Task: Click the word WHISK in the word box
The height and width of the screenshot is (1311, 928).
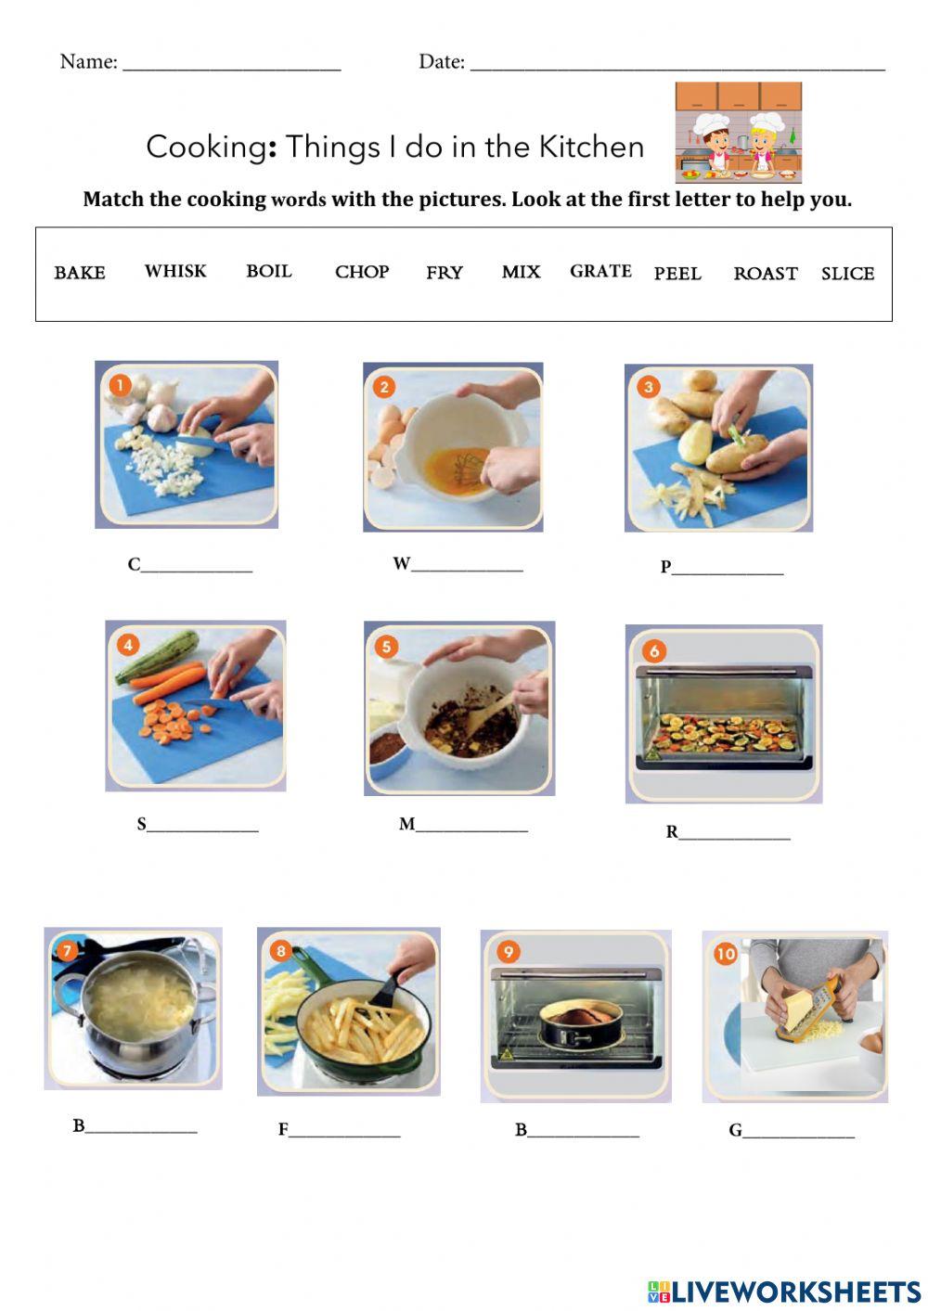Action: pos(175,271)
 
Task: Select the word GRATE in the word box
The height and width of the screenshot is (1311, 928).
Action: pos(600,271)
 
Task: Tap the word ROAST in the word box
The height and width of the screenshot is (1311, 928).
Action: pos(766,274)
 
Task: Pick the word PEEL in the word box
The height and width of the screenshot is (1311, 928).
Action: pos(677,274)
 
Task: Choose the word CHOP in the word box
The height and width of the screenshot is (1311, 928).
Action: pos(362,272)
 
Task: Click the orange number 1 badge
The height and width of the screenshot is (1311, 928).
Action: pos(120,384)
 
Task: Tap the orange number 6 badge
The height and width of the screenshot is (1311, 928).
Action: pos(654,650)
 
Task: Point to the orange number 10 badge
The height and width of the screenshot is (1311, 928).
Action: pos(725,953)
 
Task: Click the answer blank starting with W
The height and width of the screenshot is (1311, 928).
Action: pos(467,565)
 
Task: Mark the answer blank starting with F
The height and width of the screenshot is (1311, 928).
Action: pos(344,1131)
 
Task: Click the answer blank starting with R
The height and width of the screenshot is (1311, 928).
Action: pos(734,833)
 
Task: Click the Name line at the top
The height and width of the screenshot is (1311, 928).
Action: pos(232,63)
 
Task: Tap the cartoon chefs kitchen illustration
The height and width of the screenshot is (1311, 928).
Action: pos(738,133)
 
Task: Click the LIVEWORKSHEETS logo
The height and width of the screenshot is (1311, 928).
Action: pos(784,1292)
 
